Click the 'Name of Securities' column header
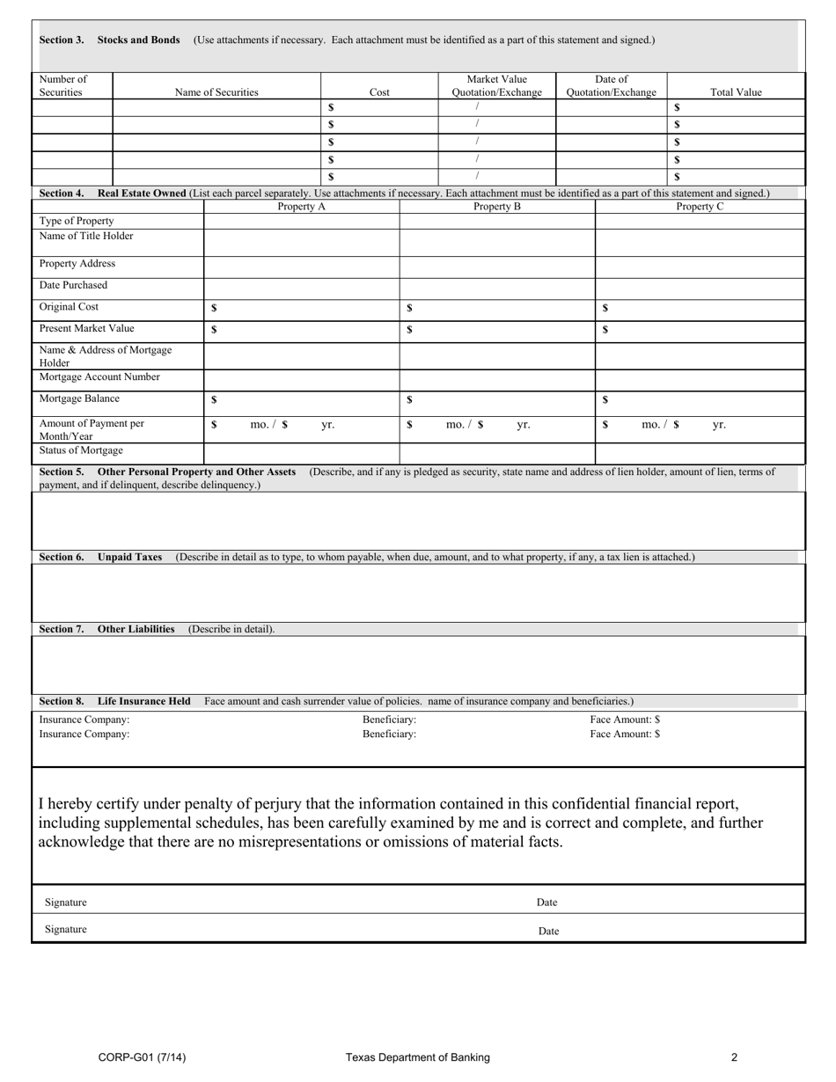coord(216,92)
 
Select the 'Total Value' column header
coord(736,92)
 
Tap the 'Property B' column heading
coord(497,207)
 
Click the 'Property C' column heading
coord(700,207)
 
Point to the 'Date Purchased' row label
coord(73,286)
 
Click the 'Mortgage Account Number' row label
coord(99,377)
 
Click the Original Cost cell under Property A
coord(302,309)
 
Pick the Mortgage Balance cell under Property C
coord(700,400)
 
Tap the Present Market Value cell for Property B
coord(497,330)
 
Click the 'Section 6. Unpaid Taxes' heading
coord(101,558)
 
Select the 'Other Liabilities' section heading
coord(136,630)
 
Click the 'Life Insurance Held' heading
coord(143,702)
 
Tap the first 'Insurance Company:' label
coord(84,720)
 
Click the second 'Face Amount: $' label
coord(625,735)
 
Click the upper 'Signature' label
coord(66,903)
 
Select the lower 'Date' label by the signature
coord(548,932)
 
